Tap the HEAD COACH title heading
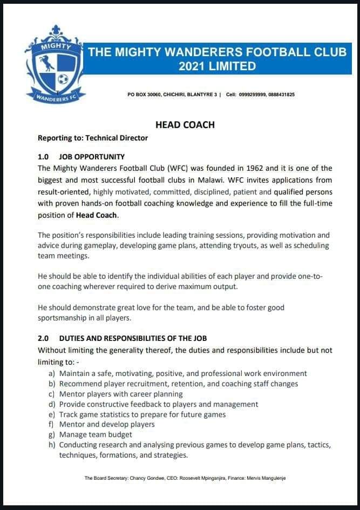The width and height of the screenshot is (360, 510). (x=185, y=125)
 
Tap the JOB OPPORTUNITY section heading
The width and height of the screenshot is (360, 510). (x=92, y=157)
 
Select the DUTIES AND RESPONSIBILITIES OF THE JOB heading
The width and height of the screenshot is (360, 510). (x=133, y=338)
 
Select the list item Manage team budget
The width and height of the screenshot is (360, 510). (x=96, y=434)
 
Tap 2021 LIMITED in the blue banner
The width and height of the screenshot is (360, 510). (x=217, y=66)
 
